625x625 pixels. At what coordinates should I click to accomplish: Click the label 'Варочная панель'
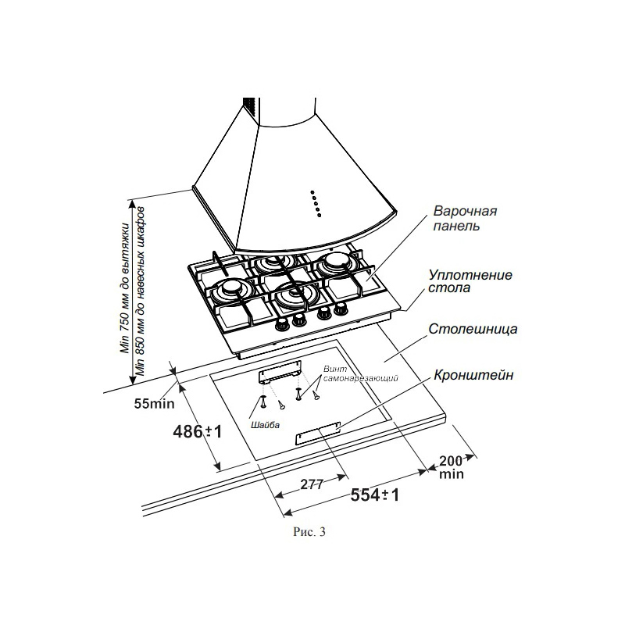(x=465, y=218)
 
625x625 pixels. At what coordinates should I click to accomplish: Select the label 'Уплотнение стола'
(x=470, y=281)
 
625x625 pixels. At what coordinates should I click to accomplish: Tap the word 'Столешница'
(x=473, y=329)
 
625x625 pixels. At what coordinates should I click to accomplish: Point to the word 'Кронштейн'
(x=473, y=375)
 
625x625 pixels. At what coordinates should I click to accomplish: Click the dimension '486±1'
(x=198, y=431)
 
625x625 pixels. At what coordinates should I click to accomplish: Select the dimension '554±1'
(x=375, y=495)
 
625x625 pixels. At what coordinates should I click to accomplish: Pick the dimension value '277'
(x=311, y=484)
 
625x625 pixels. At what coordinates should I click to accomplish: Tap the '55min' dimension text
(x=154, y=404)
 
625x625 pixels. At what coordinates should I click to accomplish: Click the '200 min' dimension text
(x=452, y=467)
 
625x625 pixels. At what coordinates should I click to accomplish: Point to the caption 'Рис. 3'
(x=309, y=532)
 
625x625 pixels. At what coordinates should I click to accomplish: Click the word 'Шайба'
(x=265, y=425)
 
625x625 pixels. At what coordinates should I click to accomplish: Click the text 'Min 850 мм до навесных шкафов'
(x=140, y=291)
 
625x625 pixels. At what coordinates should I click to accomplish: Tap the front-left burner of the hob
(x=230, y=290)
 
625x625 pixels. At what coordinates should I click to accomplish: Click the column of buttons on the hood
(x=316, y=204)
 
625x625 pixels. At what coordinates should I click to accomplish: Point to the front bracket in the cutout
(x=318, y=433)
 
